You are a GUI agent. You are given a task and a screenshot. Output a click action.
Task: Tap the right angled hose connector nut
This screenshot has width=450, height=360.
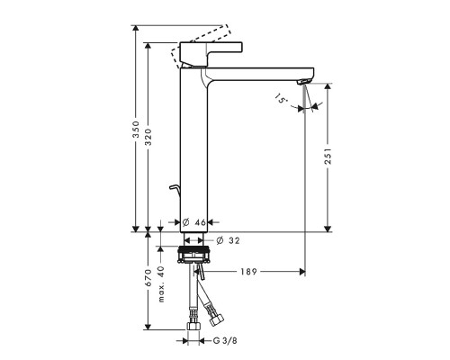216,317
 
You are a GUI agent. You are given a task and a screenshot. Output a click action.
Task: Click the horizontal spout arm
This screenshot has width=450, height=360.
261,73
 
